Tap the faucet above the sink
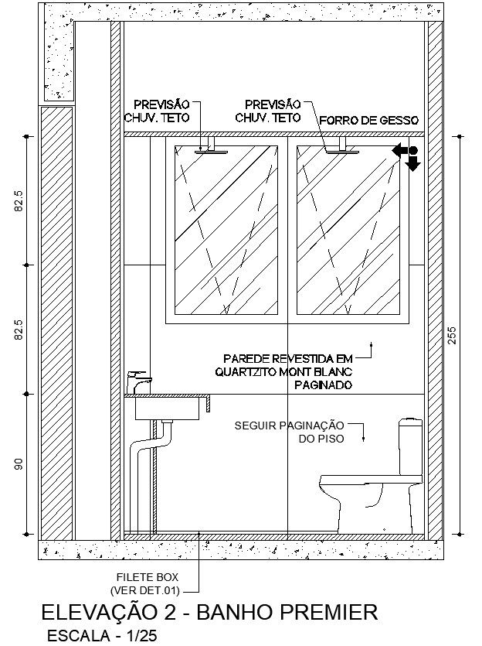[x=139, y=382]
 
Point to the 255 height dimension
[x=452, y=334]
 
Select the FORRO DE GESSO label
[x=368, y=121]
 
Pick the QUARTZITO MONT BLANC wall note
[x=284, y=371]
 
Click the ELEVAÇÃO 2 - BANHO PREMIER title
[x=210, y=614]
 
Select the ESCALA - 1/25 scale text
[x=95, y=636]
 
